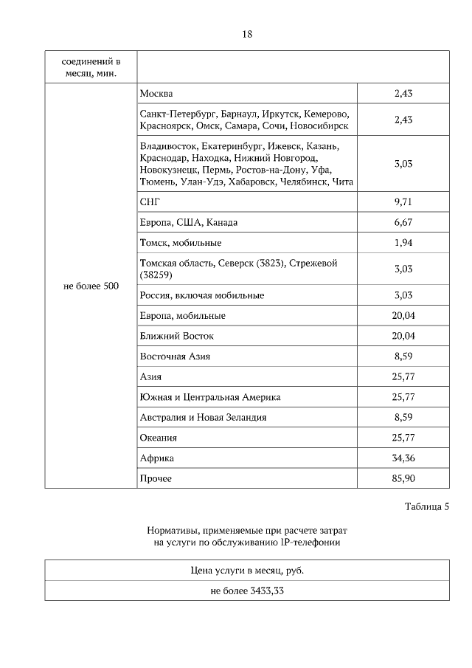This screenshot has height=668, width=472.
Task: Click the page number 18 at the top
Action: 247,34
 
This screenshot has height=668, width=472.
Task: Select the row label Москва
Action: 156,94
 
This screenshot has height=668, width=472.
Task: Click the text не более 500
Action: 91,286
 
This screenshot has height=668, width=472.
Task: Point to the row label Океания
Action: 159,438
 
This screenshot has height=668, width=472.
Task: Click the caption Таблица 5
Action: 426,507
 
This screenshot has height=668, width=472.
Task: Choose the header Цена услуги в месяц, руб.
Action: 247,571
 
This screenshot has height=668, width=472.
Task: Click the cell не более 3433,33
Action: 247,591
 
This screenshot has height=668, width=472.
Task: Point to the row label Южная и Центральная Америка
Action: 210,397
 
